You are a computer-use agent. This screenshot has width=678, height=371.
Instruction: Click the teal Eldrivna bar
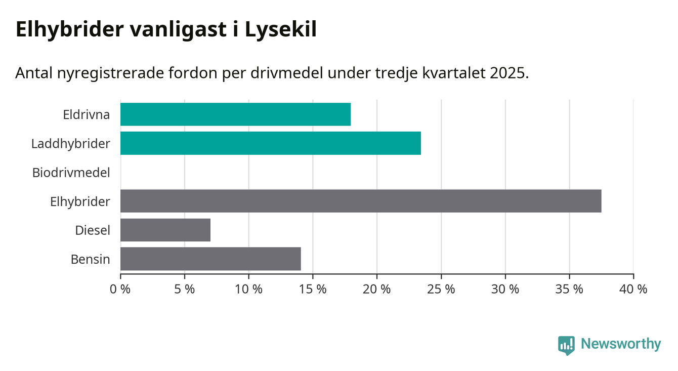[235, 114]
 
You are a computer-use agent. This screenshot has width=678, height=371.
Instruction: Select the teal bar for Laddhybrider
[271, 143]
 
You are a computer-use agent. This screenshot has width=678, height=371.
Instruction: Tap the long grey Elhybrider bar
[361, 201]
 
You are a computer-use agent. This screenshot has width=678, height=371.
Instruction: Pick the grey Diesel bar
[165, 230]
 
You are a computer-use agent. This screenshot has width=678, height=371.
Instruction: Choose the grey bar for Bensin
[210, 259]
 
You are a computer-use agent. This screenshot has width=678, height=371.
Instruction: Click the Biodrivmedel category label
[71, 173]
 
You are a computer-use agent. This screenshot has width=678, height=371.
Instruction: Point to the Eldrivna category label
[87, 115]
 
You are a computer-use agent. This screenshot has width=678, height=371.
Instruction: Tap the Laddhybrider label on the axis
[71, 144]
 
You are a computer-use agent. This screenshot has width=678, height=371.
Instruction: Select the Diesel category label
[93, 230]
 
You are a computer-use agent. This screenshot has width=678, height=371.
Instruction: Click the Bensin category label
[91, 259]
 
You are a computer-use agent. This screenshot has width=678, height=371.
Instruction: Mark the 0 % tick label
[120, 290]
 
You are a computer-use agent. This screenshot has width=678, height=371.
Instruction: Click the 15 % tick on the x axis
[313, 290]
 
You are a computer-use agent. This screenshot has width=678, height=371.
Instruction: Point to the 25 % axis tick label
[441, 290]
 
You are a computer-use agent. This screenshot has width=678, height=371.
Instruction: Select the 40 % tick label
[633, 290]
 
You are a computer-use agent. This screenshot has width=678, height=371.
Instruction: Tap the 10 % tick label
[249, 290]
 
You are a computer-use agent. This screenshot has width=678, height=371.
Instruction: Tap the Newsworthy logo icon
[566, 345]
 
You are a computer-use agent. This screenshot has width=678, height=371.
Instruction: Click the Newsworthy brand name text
[621, 344]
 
